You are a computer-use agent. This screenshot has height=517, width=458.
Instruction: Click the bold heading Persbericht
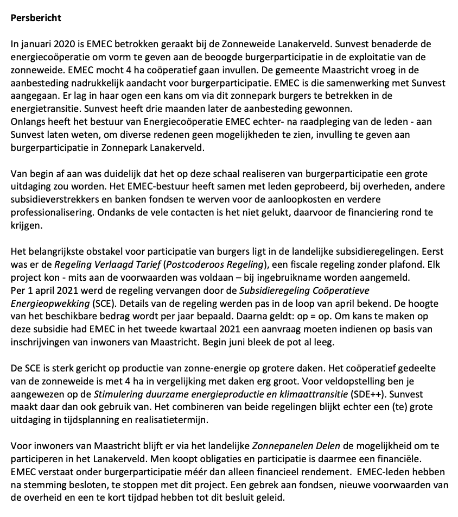[36, 18]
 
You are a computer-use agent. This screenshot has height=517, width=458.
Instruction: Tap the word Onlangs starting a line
[27, 122]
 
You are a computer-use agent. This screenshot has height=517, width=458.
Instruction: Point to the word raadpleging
[304, 122]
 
